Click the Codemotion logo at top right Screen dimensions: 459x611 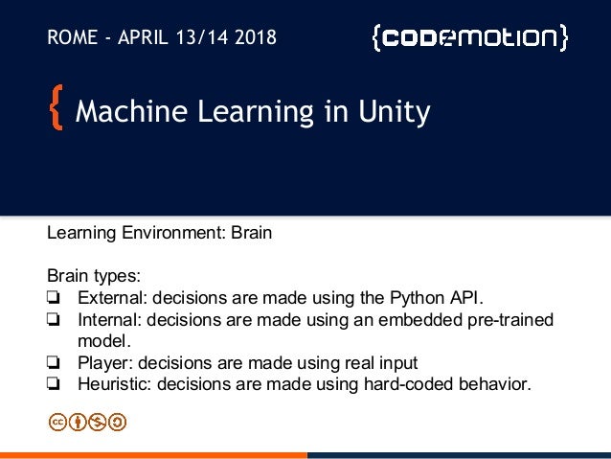coord(469,38)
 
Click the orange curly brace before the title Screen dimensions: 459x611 coord(56,113)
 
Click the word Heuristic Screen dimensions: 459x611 coord(114,385)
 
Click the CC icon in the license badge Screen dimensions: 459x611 coord(57,421)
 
